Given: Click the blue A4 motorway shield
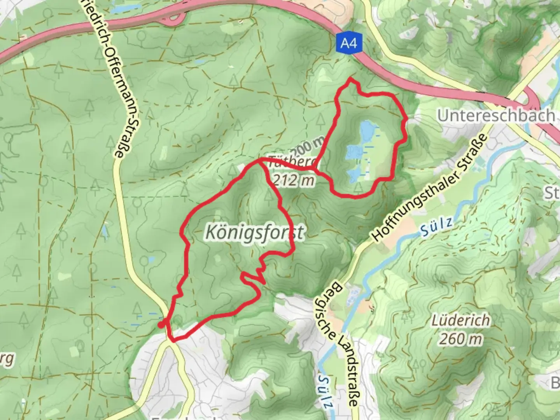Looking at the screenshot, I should coord(349,42).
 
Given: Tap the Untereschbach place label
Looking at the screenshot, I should coord(496,115).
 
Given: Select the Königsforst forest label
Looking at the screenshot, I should coord(254,233).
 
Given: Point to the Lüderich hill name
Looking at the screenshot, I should coord(461,321).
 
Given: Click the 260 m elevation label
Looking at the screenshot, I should coord(461,339).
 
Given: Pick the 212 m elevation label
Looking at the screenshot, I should coord(293,180).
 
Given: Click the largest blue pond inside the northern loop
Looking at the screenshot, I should coord(365,132).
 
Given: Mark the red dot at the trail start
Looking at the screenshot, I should coord(161,325).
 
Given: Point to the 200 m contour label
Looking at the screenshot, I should coord(307,146).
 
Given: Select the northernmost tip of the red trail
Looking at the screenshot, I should coord(351,79).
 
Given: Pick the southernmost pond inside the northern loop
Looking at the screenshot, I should coord(354,175).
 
